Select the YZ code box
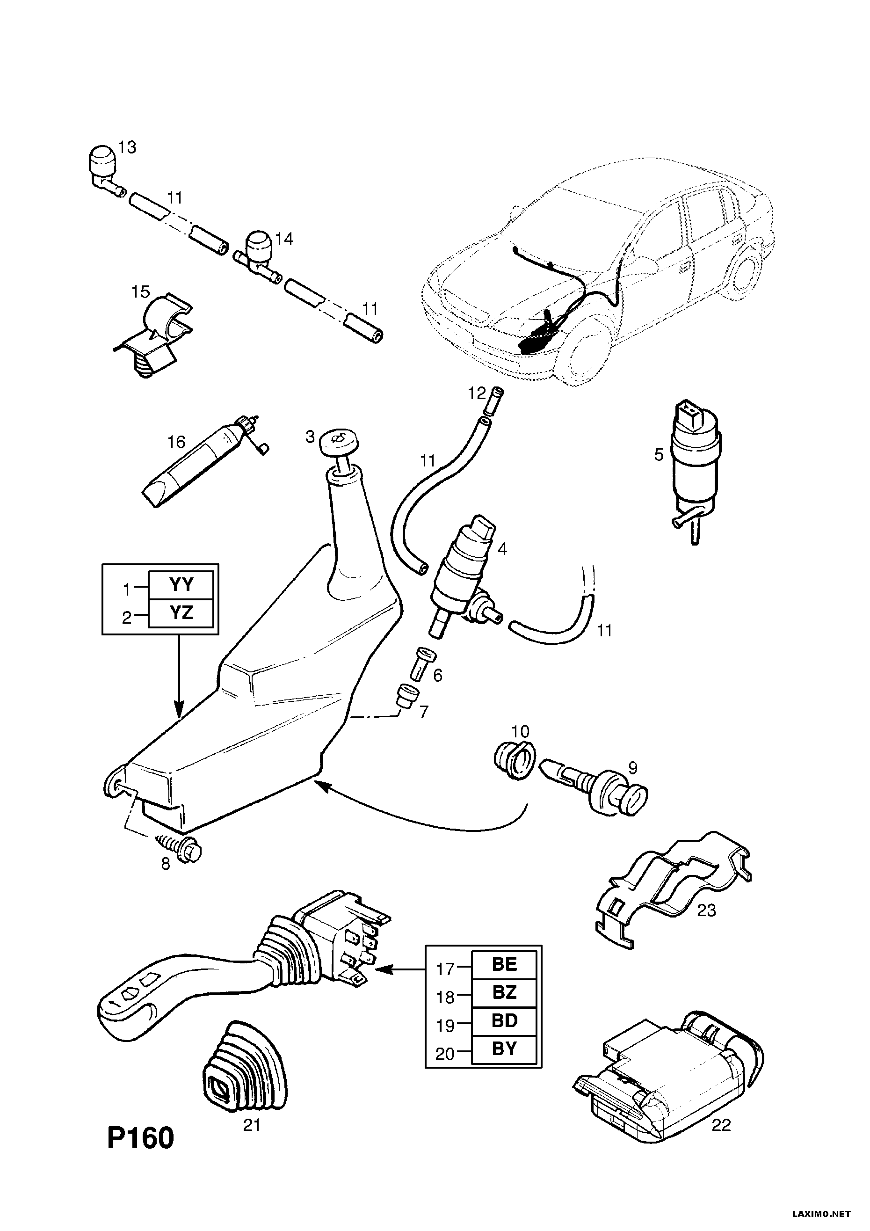tap(181, 613)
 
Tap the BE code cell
tap(504, 966)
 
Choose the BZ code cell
tap(504, 993)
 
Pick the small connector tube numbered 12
tap(493, 400)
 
